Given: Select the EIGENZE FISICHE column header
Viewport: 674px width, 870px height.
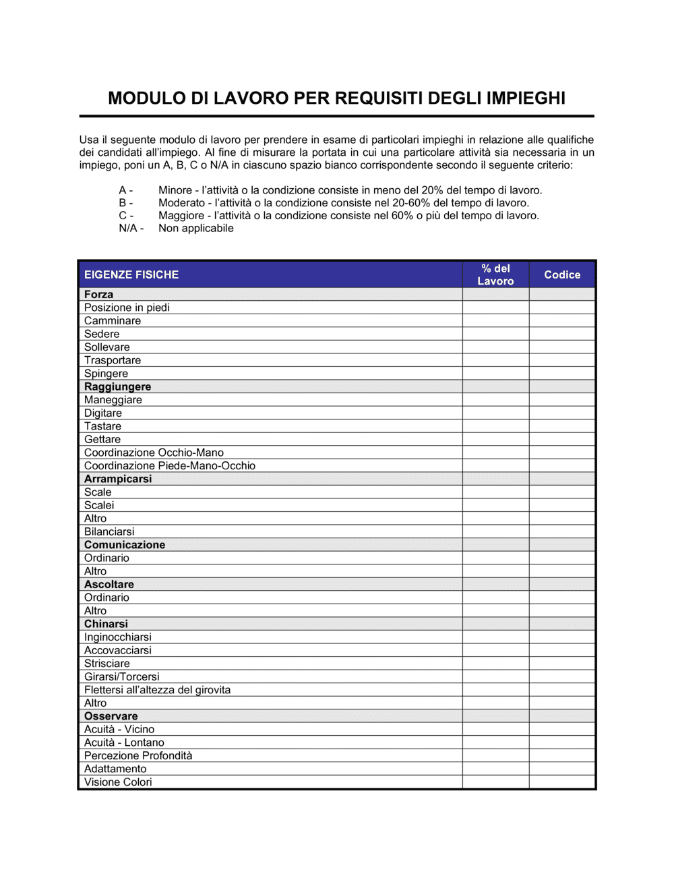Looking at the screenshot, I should pos(131,274).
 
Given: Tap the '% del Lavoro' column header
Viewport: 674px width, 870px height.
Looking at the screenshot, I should pos(495,274).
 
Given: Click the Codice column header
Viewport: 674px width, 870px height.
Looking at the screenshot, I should pos(562,274).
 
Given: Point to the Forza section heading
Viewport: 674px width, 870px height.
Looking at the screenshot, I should pos(98,295).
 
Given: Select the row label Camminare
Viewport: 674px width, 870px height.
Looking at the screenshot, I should pos(113,321).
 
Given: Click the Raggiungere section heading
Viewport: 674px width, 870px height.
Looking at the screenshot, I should pos(117,387).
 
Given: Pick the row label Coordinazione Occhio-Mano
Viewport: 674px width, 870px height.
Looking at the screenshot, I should pos(154,453).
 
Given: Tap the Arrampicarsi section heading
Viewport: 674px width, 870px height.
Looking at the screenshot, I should pos(118,479).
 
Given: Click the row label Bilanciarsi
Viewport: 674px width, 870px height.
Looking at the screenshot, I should pos(109,531).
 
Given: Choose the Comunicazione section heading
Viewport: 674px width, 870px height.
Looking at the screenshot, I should pos(125,545).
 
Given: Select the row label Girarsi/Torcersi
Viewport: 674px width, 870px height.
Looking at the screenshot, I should pos(122,676).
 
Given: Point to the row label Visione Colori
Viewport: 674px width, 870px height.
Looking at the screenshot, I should pos(118,782).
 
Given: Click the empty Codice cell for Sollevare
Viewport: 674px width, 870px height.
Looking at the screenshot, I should pos(562,347).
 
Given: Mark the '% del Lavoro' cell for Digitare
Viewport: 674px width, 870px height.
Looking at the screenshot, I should pos(495,413).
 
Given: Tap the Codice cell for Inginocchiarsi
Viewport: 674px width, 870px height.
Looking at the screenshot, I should pos(562,637).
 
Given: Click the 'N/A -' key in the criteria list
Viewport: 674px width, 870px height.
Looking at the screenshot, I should pos(131,229).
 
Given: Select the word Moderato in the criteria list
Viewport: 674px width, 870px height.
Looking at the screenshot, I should pos(181,203).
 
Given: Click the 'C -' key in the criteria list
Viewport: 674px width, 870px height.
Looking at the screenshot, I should pos(126,216).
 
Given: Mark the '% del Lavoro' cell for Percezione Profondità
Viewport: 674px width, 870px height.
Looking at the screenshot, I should pos(495,756).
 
